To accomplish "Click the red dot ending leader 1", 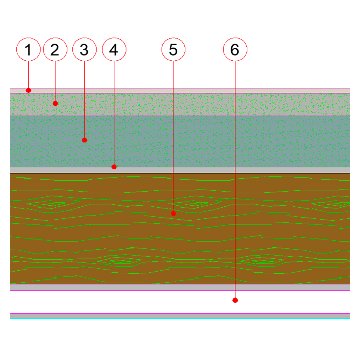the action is pos(28,90).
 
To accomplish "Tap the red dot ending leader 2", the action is pos(55,104).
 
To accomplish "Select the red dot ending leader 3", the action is pos(84,140).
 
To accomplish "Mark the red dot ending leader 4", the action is pos(114,167).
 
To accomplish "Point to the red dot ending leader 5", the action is pos(173,214).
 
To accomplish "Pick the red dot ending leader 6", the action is pos(235,300).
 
